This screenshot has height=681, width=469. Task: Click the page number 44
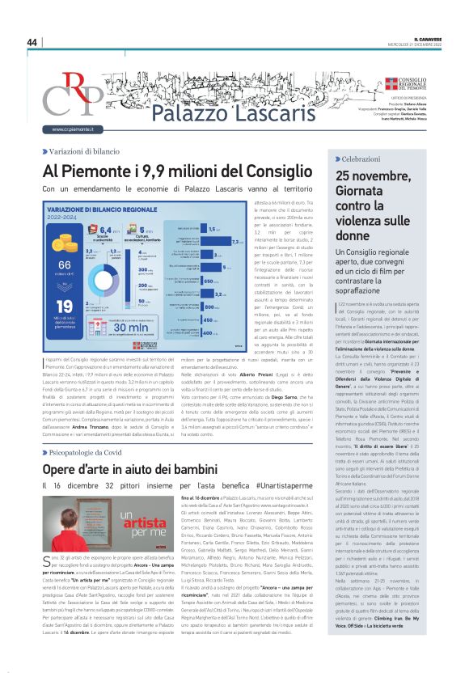coord(32,42)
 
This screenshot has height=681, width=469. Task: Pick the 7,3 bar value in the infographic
coord(236,241)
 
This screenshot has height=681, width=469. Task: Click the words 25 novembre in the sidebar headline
coord(374,177)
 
